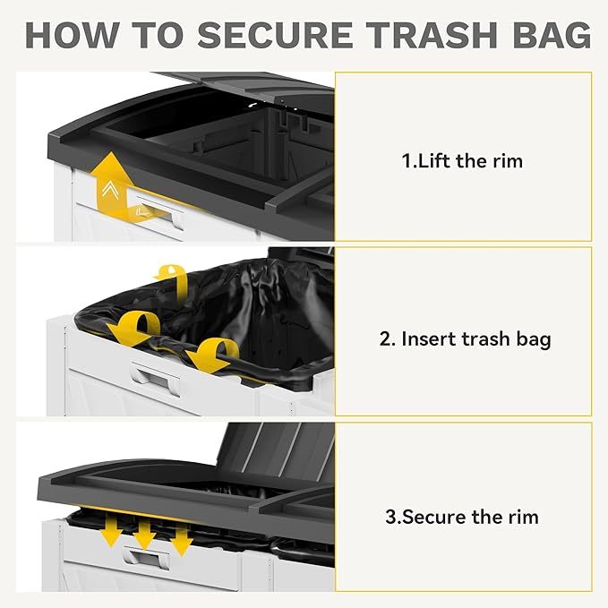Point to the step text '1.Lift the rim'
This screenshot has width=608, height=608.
[x=462, y=162]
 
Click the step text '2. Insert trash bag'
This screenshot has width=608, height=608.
[x=463, y=339]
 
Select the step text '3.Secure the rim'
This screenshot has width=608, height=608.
[x=462, y=517]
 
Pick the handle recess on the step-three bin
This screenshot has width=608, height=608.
[x=147, y=559]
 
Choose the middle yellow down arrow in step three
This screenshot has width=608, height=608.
[x=145, y=532]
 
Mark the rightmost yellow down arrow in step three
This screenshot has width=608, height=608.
[x=180, y=536]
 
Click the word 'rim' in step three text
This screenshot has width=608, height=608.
[x=523, y=517]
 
